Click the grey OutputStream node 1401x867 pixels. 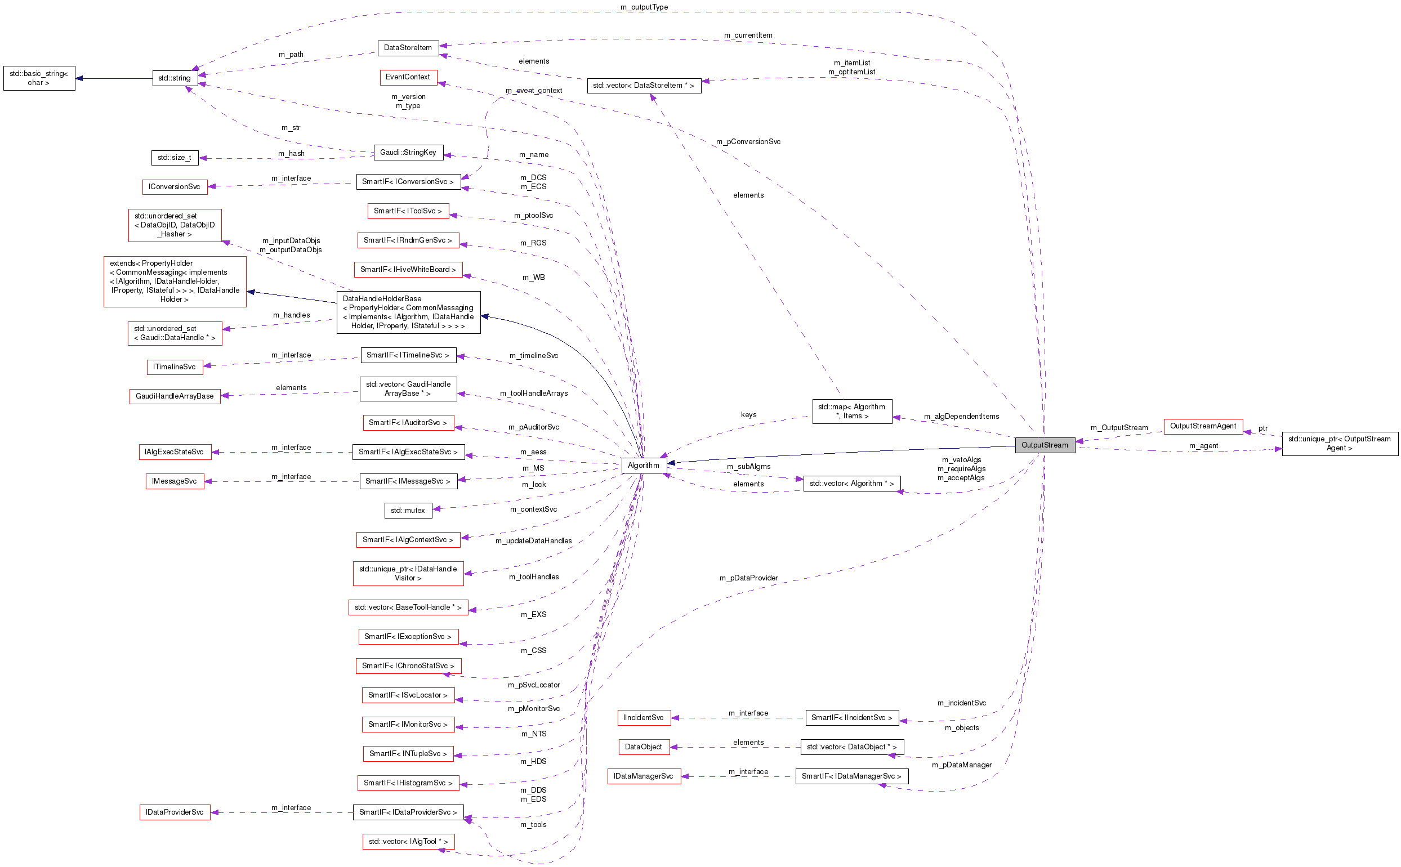1044,445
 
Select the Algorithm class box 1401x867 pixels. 643,465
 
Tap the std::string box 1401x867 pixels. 175,78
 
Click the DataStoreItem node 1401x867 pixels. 408,48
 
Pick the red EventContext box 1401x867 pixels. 408,77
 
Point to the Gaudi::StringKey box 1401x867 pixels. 408,152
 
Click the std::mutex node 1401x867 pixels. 408,510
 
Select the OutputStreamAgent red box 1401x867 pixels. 1203,426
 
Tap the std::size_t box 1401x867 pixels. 175,157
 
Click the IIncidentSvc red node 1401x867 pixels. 643,717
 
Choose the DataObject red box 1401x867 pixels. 643,747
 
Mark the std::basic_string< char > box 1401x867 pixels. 39,78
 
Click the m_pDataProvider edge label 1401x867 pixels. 748,578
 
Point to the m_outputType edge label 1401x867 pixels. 644,7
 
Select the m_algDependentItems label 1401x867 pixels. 961,416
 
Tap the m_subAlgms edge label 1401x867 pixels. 748,467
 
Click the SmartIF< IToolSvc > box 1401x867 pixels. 408,211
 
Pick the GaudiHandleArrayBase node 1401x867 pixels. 175,396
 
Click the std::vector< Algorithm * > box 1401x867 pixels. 851,484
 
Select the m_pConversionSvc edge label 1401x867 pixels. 748,142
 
